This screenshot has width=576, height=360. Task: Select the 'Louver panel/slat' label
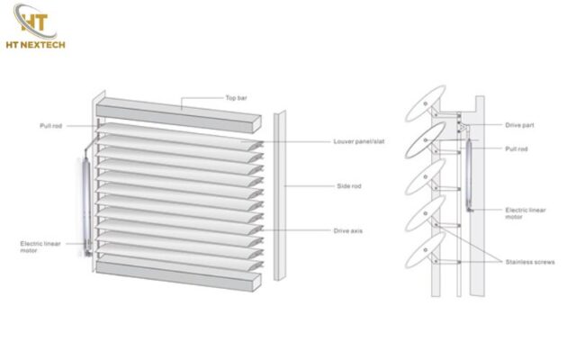click(356, 141)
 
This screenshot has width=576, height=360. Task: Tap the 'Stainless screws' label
click(527, 260)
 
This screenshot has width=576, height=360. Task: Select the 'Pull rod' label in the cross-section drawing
click(517, 148)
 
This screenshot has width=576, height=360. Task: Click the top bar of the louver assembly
click(180, 110)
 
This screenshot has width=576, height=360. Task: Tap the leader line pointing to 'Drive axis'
click(297, 230)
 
